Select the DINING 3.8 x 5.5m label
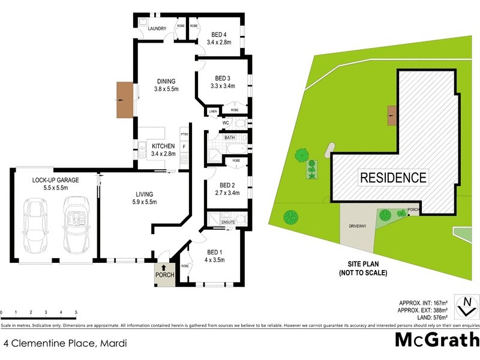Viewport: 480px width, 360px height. coord(166,85)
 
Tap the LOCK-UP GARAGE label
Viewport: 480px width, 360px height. coord(55,184)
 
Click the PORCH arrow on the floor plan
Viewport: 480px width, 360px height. coord(164,268)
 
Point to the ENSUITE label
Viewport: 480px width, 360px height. coord(228,223)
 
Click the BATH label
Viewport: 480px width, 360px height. coord(229,137)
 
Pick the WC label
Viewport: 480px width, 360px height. coord(226,123)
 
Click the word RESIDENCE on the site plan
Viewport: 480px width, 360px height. coord(393,178)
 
